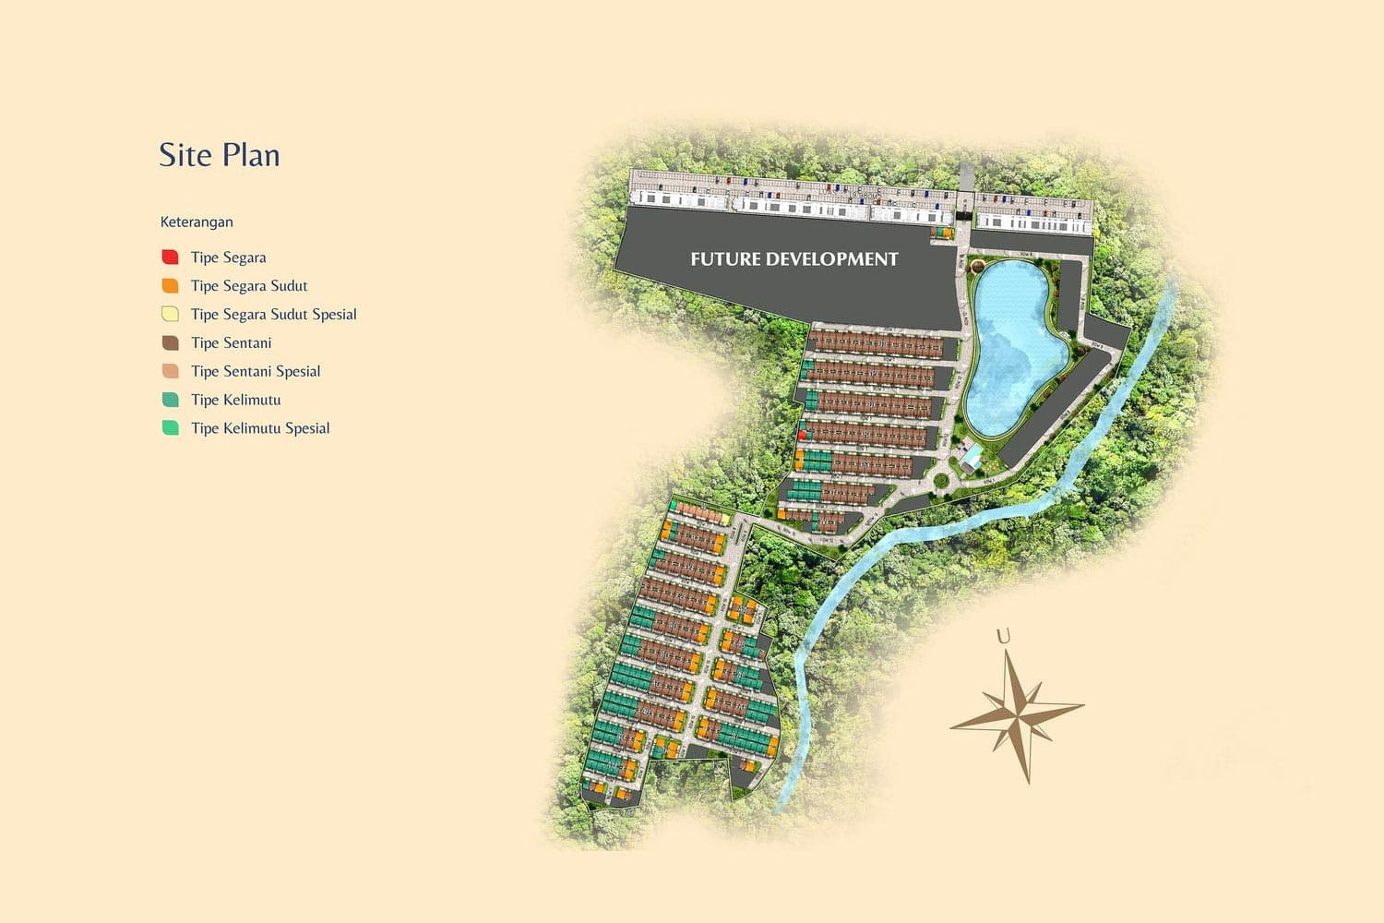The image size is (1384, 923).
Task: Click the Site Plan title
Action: tap(219, 155)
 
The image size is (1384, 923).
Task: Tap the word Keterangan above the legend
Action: tap(197, 222)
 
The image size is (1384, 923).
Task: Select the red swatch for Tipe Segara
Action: tap(170, 257)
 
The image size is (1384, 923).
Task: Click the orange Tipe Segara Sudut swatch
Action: tap(170, 285)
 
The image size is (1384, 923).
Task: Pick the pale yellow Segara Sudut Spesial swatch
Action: tap(170, 314)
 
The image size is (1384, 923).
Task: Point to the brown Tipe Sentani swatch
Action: tap(170, 342)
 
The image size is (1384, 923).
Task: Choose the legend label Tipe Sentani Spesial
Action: tap(256, 371)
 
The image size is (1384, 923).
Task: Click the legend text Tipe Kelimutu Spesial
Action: tap(260, 428)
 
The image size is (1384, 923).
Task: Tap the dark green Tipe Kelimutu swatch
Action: tap(170, 400)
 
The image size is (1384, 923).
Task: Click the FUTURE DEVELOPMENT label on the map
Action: tap(793, 259)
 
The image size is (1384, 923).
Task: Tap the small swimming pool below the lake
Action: tap(972, 456)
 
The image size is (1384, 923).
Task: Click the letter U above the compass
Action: tap(1003, 636)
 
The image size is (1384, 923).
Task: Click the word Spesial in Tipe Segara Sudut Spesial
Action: tap(334, 314)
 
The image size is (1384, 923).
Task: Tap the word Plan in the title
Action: tap(250, 155)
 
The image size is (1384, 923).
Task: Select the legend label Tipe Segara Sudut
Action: tap(249, 285)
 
